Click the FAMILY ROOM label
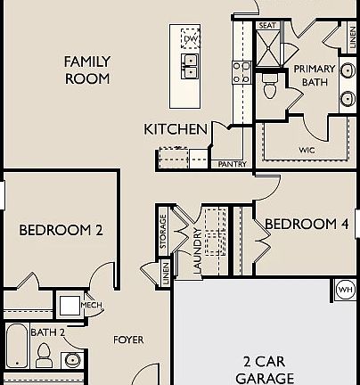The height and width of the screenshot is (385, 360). coord(86,70)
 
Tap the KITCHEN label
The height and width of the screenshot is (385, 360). coord(176,129)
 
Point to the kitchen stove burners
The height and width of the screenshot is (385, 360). coord(241,71)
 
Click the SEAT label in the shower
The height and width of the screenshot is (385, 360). coord(267,26)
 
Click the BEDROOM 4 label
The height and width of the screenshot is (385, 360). coord(307,224)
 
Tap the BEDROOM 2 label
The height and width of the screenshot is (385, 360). coord(61,230)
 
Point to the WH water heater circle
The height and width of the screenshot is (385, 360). coord(345,289)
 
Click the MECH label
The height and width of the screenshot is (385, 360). coord(92,305)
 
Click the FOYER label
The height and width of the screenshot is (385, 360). coord(128,340)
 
